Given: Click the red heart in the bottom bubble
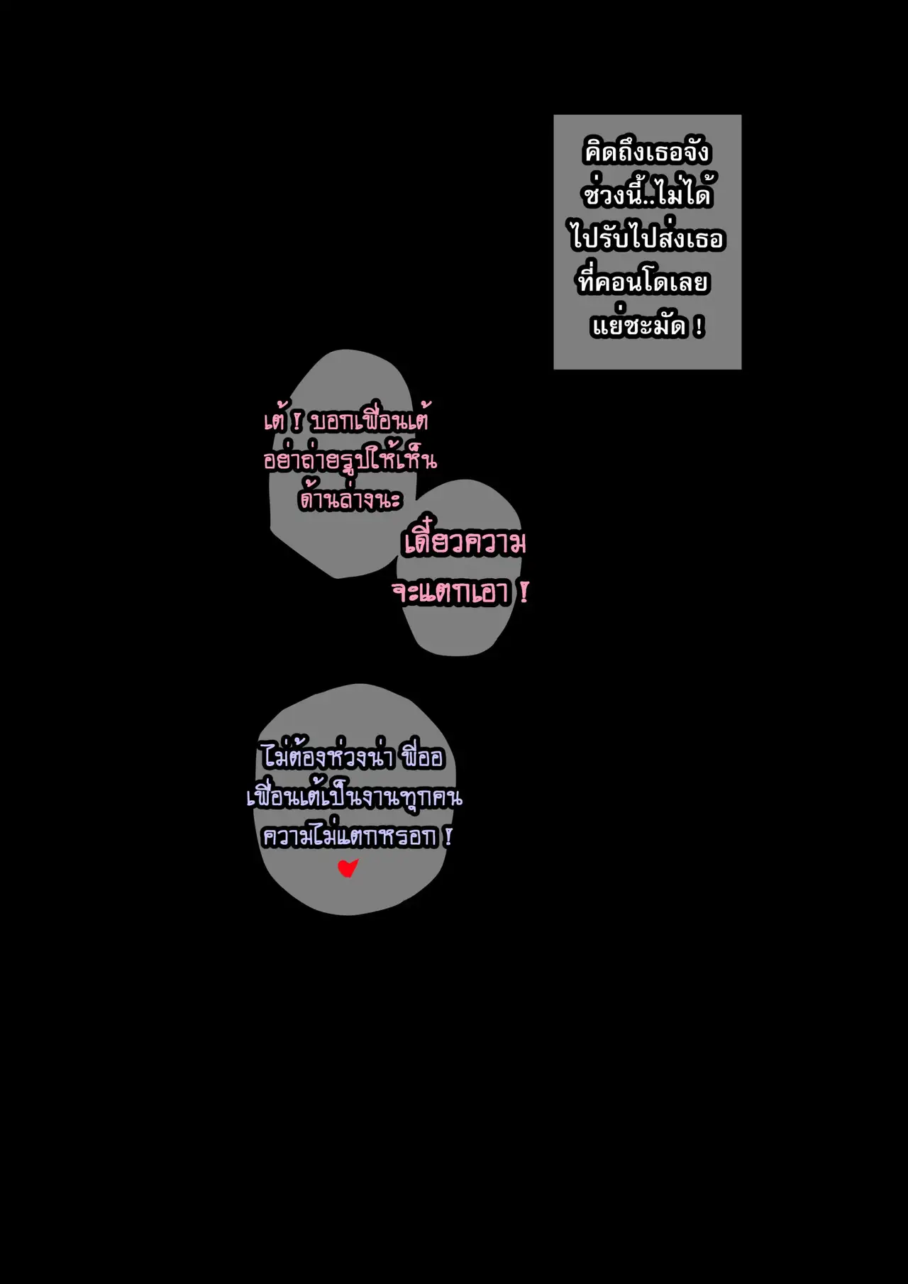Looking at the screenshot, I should coord(348,868).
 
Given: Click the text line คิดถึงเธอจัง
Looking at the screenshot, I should coord(646,153).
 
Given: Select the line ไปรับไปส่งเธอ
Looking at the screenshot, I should coord(647,238).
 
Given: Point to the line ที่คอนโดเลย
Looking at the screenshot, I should coord(643,282).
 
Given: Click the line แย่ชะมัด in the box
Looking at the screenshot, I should coord(638,326).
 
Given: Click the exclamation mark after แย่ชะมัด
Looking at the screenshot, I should coord(699,327).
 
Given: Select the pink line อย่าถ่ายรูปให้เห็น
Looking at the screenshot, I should coord(350,461).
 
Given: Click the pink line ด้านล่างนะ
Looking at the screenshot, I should coord(350,500).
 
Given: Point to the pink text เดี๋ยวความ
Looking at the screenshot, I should coord(465,544).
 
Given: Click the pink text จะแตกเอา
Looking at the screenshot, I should coord(451,593).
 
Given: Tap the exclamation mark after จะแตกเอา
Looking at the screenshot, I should coord(524,592).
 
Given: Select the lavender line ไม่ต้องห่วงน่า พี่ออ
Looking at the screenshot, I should coord(352,758).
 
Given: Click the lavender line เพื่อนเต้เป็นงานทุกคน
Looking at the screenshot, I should coord(354,797).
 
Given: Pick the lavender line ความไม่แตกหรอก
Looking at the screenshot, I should coord(350,837).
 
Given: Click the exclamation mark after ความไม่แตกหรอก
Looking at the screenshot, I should coord(448,837).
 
